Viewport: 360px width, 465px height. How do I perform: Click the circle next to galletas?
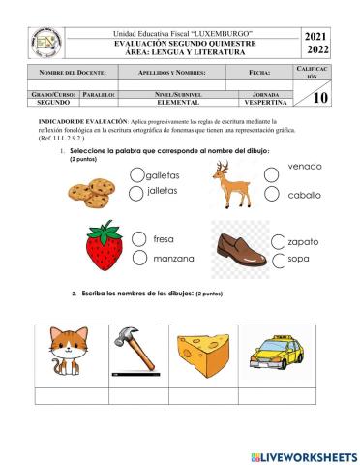coord(135,175)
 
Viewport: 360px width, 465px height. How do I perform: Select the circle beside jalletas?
coord(135,194)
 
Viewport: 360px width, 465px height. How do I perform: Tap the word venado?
coord(304,167)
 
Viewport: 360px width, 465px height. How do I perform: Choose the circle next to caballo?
coord(272,195)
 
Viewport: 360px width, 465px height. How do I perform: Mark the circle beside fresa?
coord(140,239)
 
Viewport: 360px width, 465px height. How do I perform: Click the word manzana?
coord(174,259)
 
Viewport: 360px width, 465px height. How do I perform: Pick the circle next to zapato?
coord(280,241)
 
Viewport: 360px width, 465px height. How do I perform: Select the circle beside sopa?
coord(280,261)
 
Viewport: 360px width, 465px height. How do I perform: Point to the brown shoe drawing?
coord(240,248)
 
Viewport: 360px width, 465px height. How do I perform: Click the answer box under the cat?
coord(68,394)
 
